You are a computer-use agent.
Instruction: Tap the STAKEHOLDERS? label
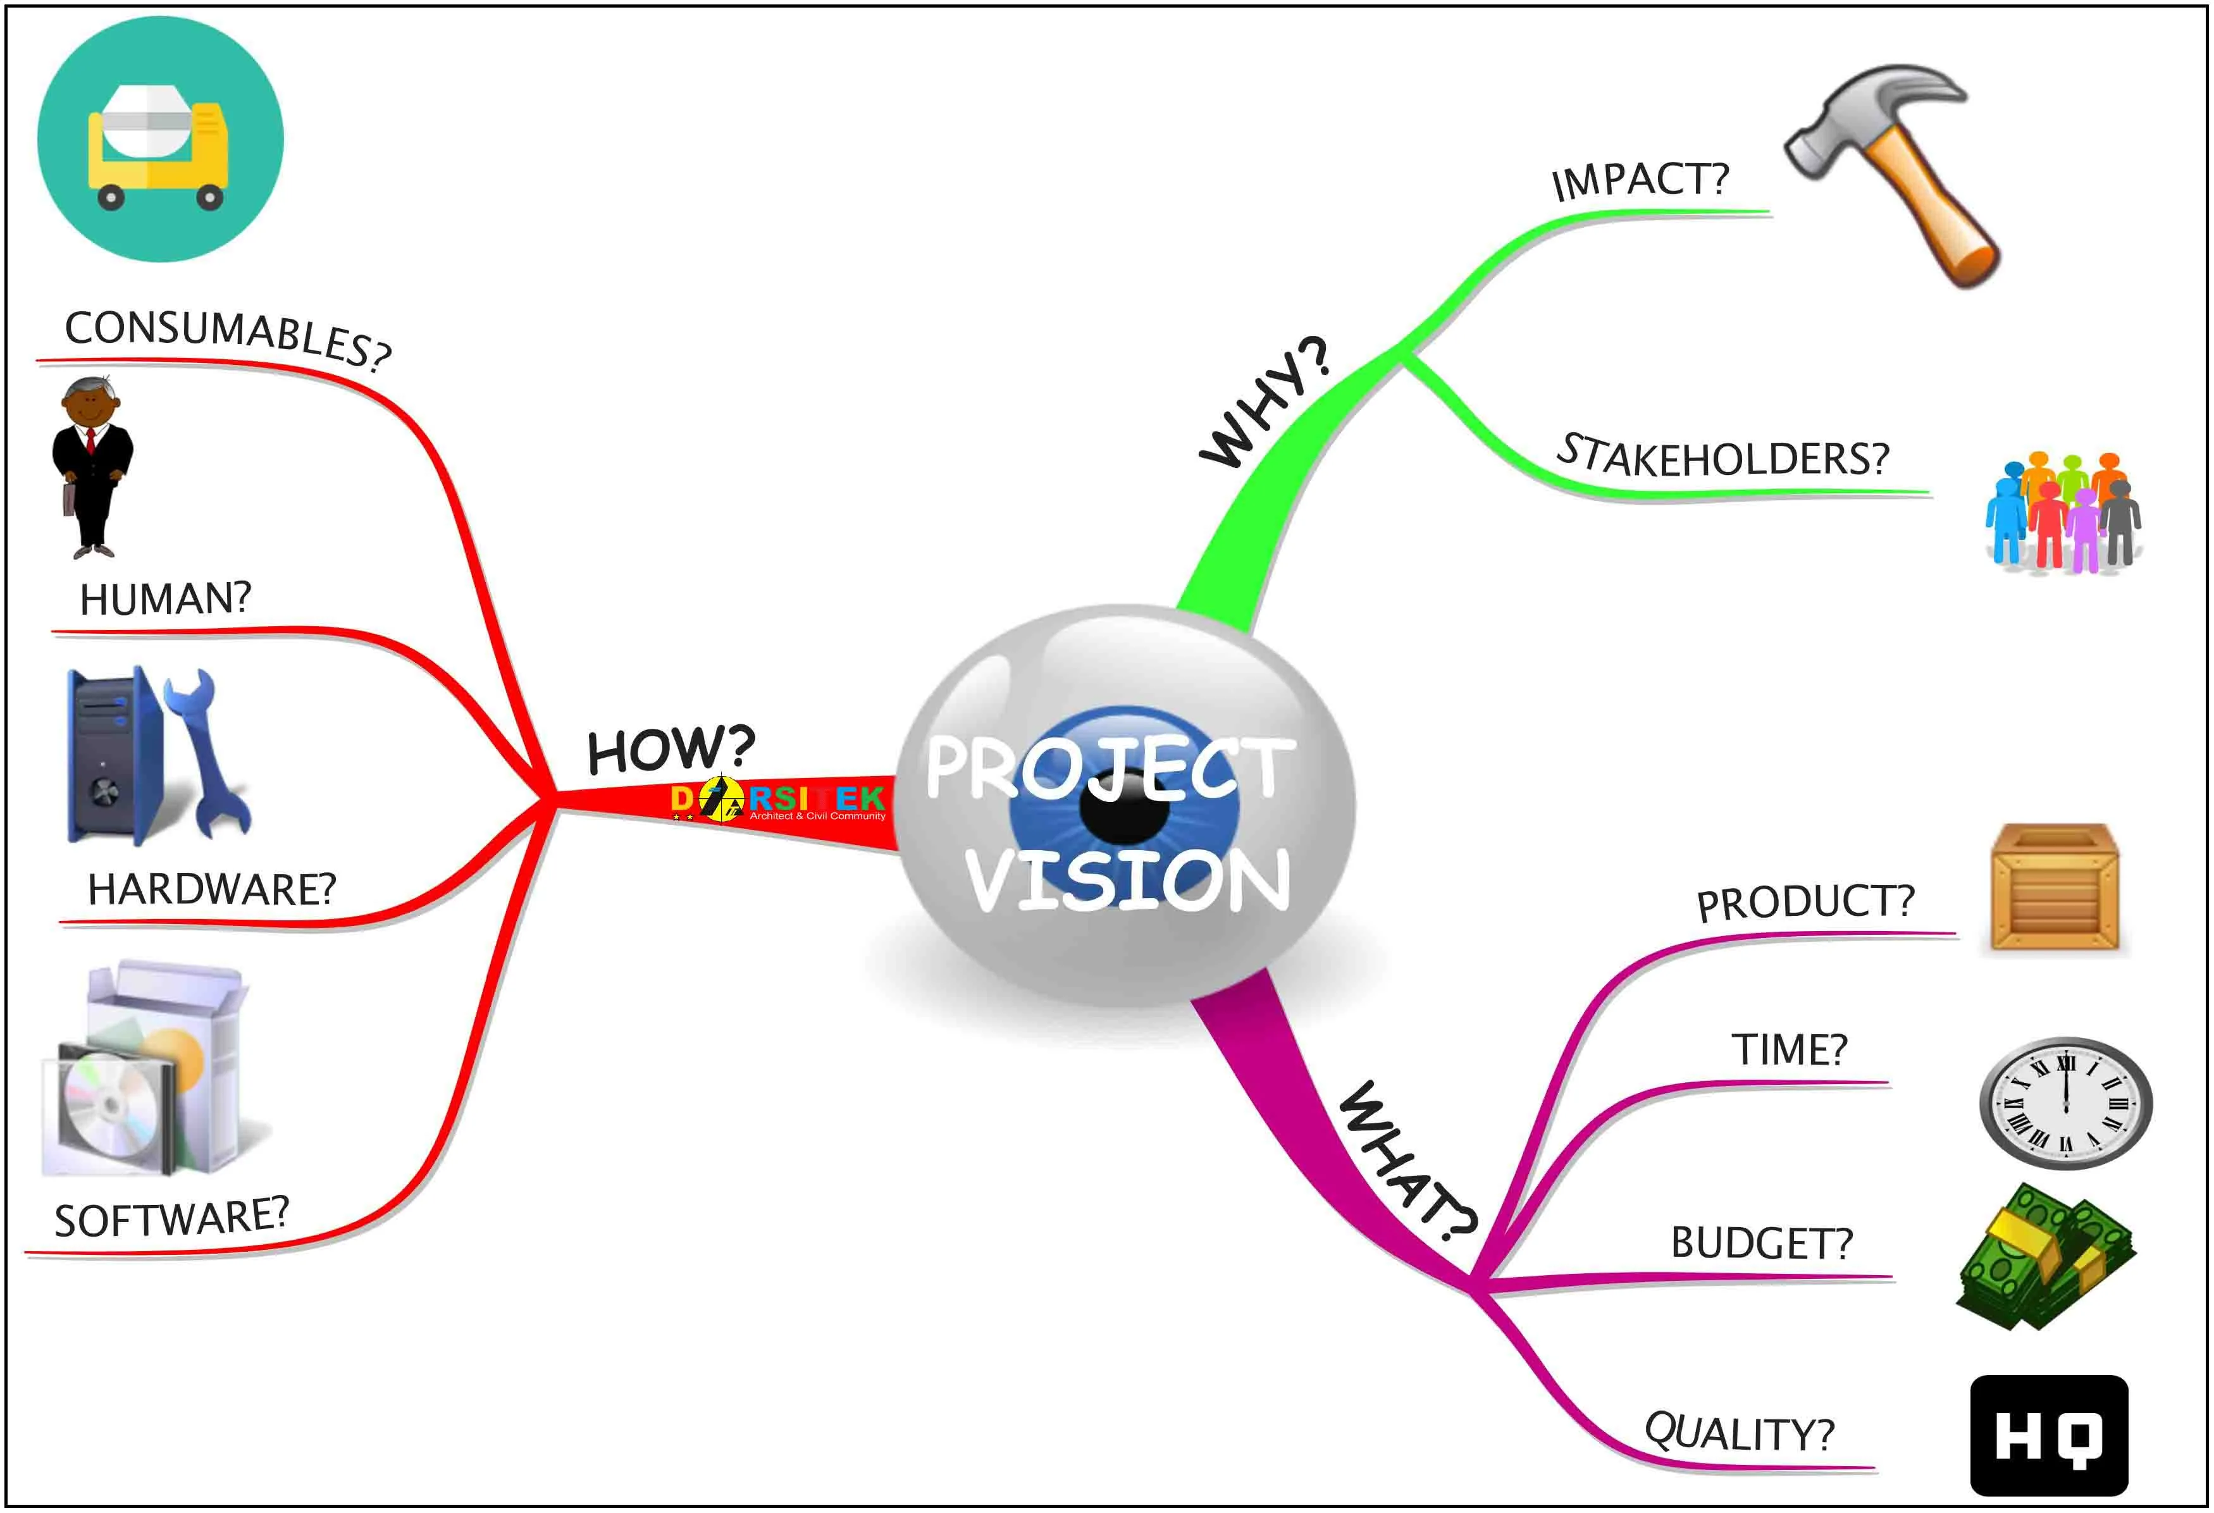[1722, 457]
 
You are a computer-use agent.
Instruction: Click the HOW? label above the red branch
[671, 749]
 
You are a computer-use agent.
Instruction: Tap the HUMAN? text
[165, 599]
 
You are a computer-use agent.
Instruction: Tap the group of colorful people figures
[2063, 512]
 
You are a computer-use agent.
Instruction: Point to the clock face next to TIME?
[2065, 1103]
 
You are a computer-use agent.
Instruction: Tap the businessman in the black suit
[92, 467]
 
